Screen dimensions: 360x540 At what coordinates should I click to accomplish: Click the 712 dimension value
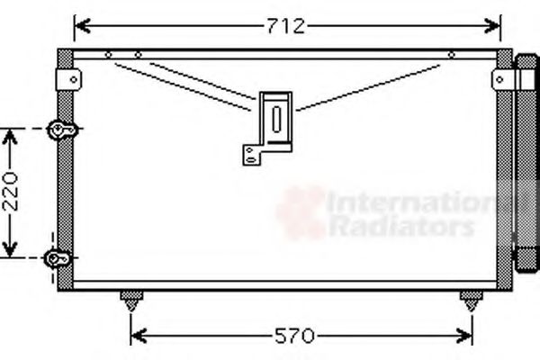(x=285, y=25)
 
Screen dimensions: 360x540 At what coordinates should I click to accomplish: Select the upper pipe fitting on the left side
(x=61, y=130)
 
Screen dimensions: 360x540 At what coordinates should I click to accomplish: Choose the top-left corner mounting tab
(x=67, y=79)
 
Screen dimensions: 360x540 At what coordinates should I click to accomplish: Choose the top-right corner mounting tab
(x=501, y=79)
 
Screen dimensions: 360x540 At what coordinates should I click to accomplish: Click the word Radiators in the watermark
(x=400, y=227)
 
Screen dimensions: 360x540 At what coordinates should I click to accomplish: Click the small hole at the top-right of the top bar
(x=450, y=55)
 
